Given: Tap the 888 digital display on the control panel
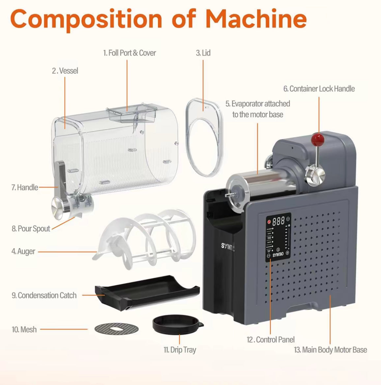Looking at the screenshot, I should point(278,221).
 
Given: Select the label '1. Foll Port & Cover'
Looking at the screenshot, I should point(129,53).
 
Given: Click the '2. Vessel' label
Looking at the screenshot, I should point(65,71).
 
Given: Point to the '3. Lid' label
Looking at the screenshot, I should point(203,53).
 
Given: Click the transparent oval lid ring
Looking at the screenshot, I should point(204,137).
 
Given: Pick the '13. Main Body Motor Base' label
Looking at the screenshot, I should point(330,350).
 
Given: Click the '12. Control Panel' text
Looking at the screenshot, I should point(271,339).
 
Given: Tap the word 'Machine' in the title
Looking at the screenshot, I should point(256,19).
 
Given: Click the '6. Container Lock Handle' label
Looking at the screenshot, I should point(319,89).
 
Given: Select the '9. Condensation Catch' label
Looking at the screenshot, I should point(44,295).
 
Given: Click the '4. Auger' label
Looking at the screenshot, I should point(23,251).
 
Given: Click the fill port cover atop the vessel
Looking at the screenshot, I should point(131,114).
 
